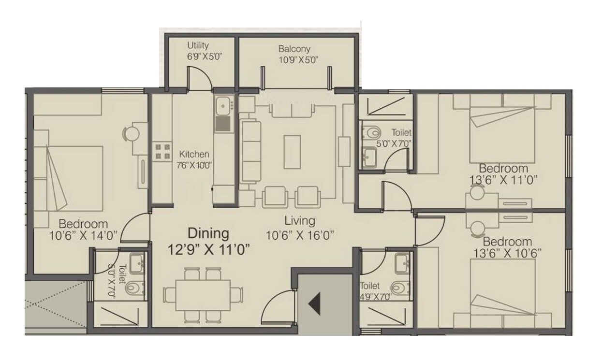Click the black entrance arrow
pos(315,304)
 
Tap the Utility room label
pos(198,45)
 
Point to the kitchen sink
pos(223,105)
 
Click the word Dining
pos(208,233)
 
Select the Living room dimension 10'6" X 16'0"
pos(300,235)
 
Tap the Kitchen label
pos(194,155)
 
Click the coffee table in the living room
pos(292,152)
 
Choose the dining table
pos(202,295)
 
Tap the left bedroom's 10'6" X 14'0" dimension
pos(83,236)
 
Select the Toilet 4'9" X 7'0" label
pos(375,291)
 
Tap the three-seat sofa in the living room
pos(250,151)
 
